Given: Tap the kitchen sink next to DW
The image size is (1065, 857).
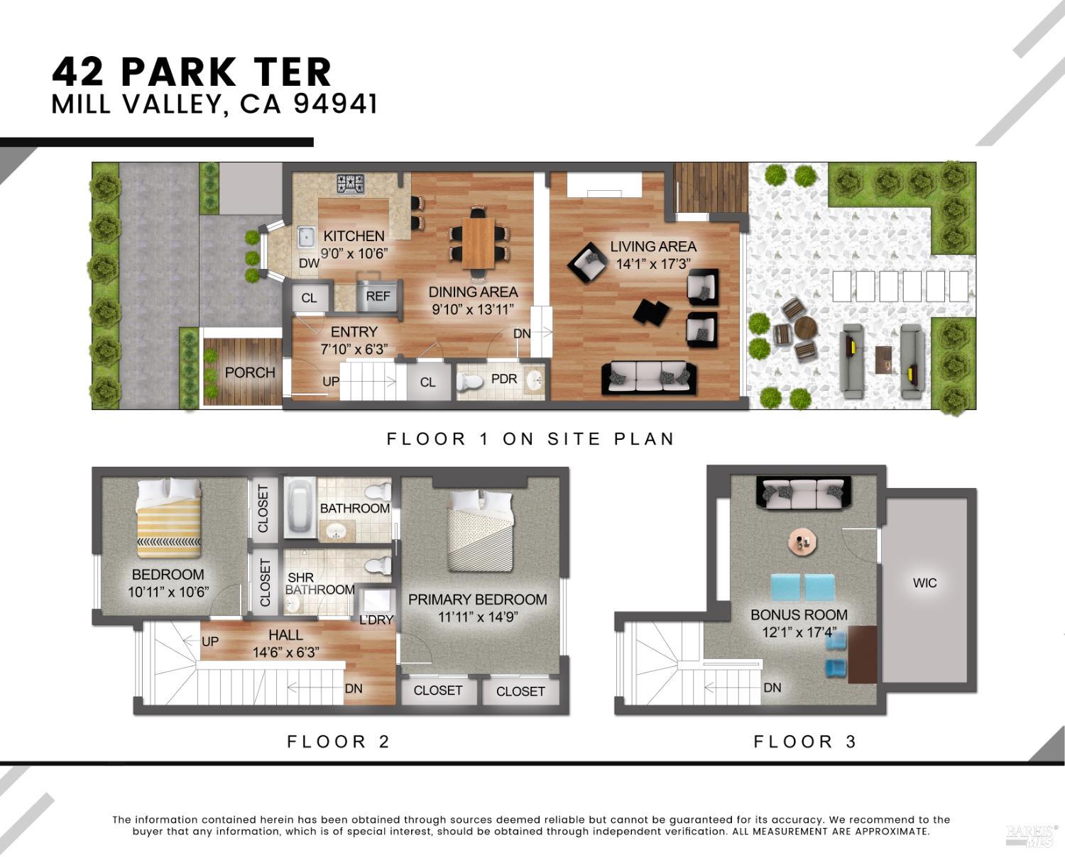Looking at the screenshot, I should (x=307, y=237).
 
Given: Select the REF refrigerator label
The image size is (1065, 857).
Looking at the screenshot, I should (x=378, y=297).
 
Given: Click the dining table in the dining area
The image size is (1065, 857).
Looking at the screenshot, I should (x=478, y=243).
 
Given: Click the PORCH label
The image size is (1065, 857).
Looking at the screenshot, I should (x=250, y=372).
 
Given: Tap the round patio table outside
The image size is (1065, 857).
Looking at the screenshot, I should (x=806, y=328).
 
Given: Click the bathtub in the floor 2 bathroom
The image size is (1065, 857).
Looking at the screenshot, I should (x=300, y=506).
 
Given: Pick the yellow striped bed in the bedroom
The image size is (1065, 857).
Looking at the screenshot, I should (x=169, y=518).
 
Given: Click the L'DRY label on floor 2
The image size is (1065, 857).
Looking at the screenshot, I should (x=376, y=619).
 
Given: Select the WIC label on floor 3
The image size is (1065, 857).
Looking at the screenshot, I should (x=924, y=583).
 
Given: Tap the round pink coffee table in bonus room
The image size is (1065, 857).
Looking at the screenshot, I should (x=803, y=543).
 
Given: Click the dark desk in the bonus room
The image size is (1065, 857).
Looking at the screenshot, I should (x=862, y=653).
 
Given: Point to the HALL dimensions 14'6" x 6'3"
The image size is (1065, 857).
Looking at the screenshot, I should (x=285, y=653).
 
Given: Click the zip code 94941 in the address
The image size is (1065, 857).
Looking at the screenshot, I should (x=335, y=104).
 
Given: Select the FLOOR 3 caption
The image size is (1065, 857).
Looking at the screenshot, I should (x=804, y=742).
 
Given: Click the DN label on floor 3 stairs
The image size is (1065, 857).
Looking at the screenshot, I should (x=772, y=687).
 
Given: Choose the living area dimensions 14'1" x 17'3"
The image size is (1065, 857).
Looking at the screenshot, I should (x=653, y=265).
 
